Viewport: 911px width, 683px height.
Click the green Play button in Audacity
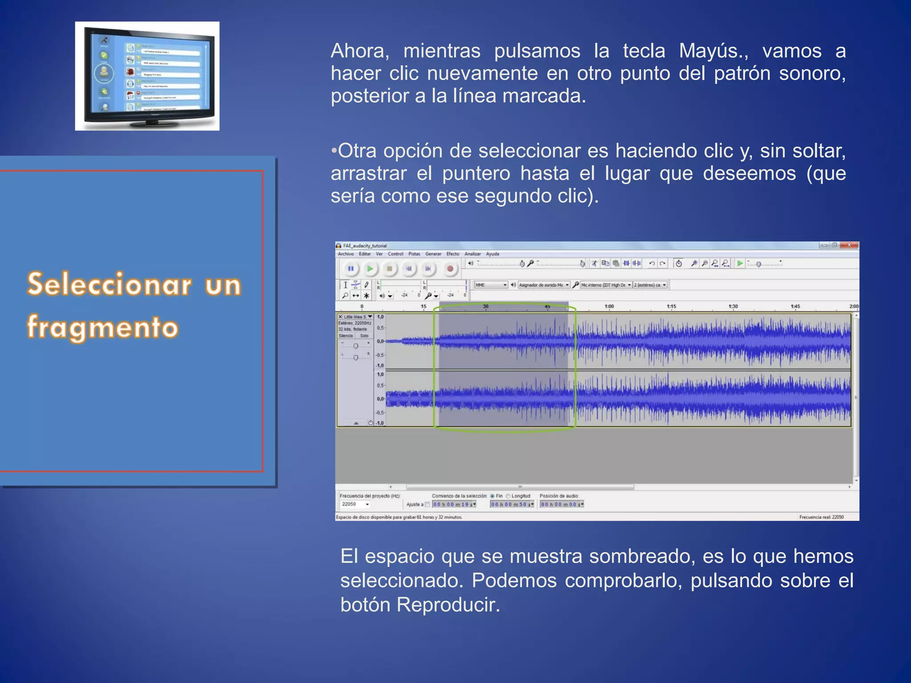[370, 269]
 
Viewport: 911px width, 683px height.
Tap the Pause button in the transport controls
[351, 269]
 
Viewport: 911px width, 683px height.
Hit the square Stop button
[389, 269]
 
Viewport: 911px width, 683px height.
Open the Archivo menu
[346, 254]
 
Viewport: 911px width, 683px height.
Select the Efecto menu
[452, 254]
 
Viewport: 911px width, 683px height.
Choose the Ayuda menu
[492, 254]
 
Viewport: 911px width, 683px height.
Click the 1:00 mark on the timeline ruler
[609, 306]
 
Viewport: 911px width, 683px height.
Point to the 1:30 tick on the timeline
[733, 306]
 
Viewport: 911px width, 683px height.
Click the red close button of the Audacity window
[849, 245]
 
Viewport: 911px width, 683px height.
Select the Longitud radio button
[508, 496]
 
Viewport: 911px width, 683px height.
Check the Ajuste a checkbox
[427, 504]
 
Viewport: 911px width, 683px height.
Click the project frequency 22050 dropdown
[355, 504]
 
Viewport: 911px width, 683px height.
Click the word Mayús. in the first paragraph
[713, 51]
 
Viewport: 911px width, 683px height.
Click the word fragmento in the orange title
[103, 327]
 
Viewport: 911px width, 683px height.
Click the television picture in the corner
[147, 76]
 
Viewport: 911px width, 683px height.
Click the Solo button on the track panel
[364, 336]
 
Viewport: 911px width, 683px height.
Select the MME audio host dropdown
[491, 285]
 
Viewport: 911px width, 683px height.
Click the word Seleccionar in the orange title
[109, 285]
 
